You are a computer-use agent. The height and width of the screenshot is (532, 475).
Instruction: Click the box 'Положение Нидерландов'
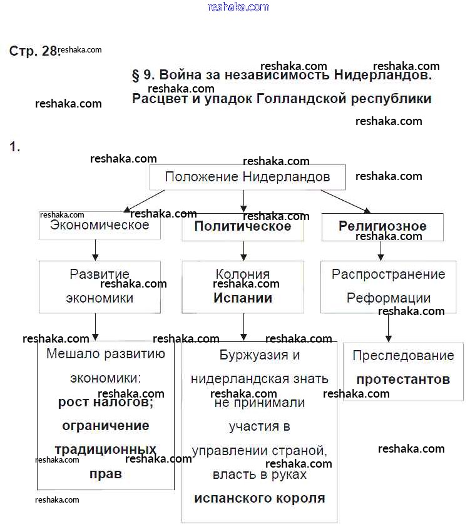(247, 177)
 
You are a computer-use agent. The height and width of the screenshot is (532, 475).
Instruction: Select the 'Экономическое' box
(100, 226)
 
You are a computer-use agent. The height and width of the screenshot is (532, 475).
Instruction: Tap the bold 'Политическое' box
(243, 227)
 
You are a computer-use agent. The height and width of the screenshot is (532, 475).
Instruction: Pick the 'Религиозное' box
(382, 226)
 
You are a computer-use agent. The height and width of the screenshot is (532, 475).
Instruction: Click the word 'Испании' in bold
(243, 298)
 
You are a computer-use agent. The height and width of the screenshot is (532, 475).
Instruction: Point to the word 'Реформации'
(389, 298)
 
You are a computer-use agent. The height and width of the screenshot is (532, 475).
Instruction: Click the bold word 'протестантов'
(403, 379)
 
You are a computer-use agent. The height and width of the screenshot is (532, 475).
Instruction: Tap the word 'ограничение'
(106, 426)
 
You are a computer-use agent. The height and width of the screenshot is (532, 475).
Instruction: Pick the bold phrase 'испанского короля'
(260, 498)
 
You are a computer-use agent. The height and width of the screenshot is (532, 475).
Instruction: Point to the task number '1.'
(15, 147)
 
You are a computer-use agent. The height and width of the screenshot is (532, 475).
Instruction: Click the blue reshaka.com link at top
(238, 7)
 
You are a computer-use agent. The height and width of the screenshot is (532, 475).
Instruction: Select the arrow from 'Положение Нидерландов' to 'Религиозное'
(346, 202)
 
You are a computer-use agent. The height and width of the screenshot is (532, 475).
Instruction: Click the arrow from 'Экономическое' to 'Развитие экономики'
(95, 250)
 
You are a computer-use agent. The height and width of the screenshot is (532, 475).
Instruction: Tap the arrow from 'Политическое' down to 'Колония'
(243, 251)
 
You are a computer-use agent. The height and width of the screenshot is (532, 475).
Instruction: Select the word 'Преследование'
(403, 356)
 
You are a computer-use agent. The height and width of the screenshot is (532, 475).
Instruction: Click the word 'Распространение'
(389, 274)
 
